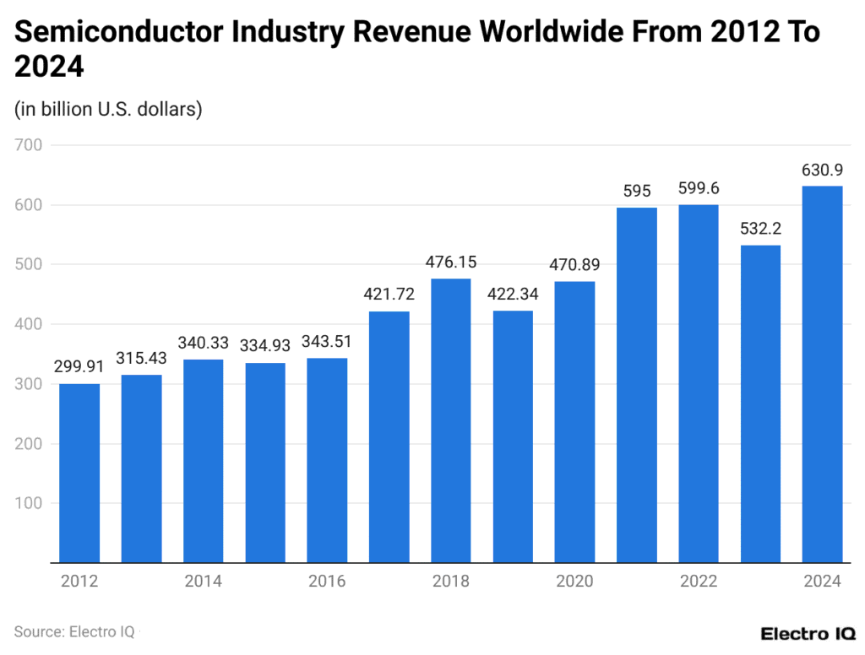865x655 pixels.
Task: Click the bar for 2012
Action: (79, 473)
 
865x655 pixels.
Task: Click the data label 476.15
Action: (451, 261)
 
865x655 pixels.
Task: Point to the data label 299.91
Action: (79, 366)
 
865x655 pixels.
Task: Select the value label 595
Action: (637, 191)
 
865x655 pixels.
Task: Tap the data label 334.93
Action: (265, 345)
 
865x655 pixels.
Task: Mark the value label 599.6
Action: (699, 187)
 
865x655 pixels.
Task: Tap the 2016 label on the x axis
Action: (327, 582)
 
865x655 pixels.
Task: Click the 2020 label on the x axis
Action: (574, 582)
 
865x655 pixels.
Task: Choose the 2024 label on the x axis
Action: (822, 582)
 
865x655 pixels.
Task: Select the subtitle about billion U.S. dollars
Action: (107, 109)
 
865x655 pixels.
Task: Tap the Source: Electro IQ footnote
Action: (74, 631)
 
